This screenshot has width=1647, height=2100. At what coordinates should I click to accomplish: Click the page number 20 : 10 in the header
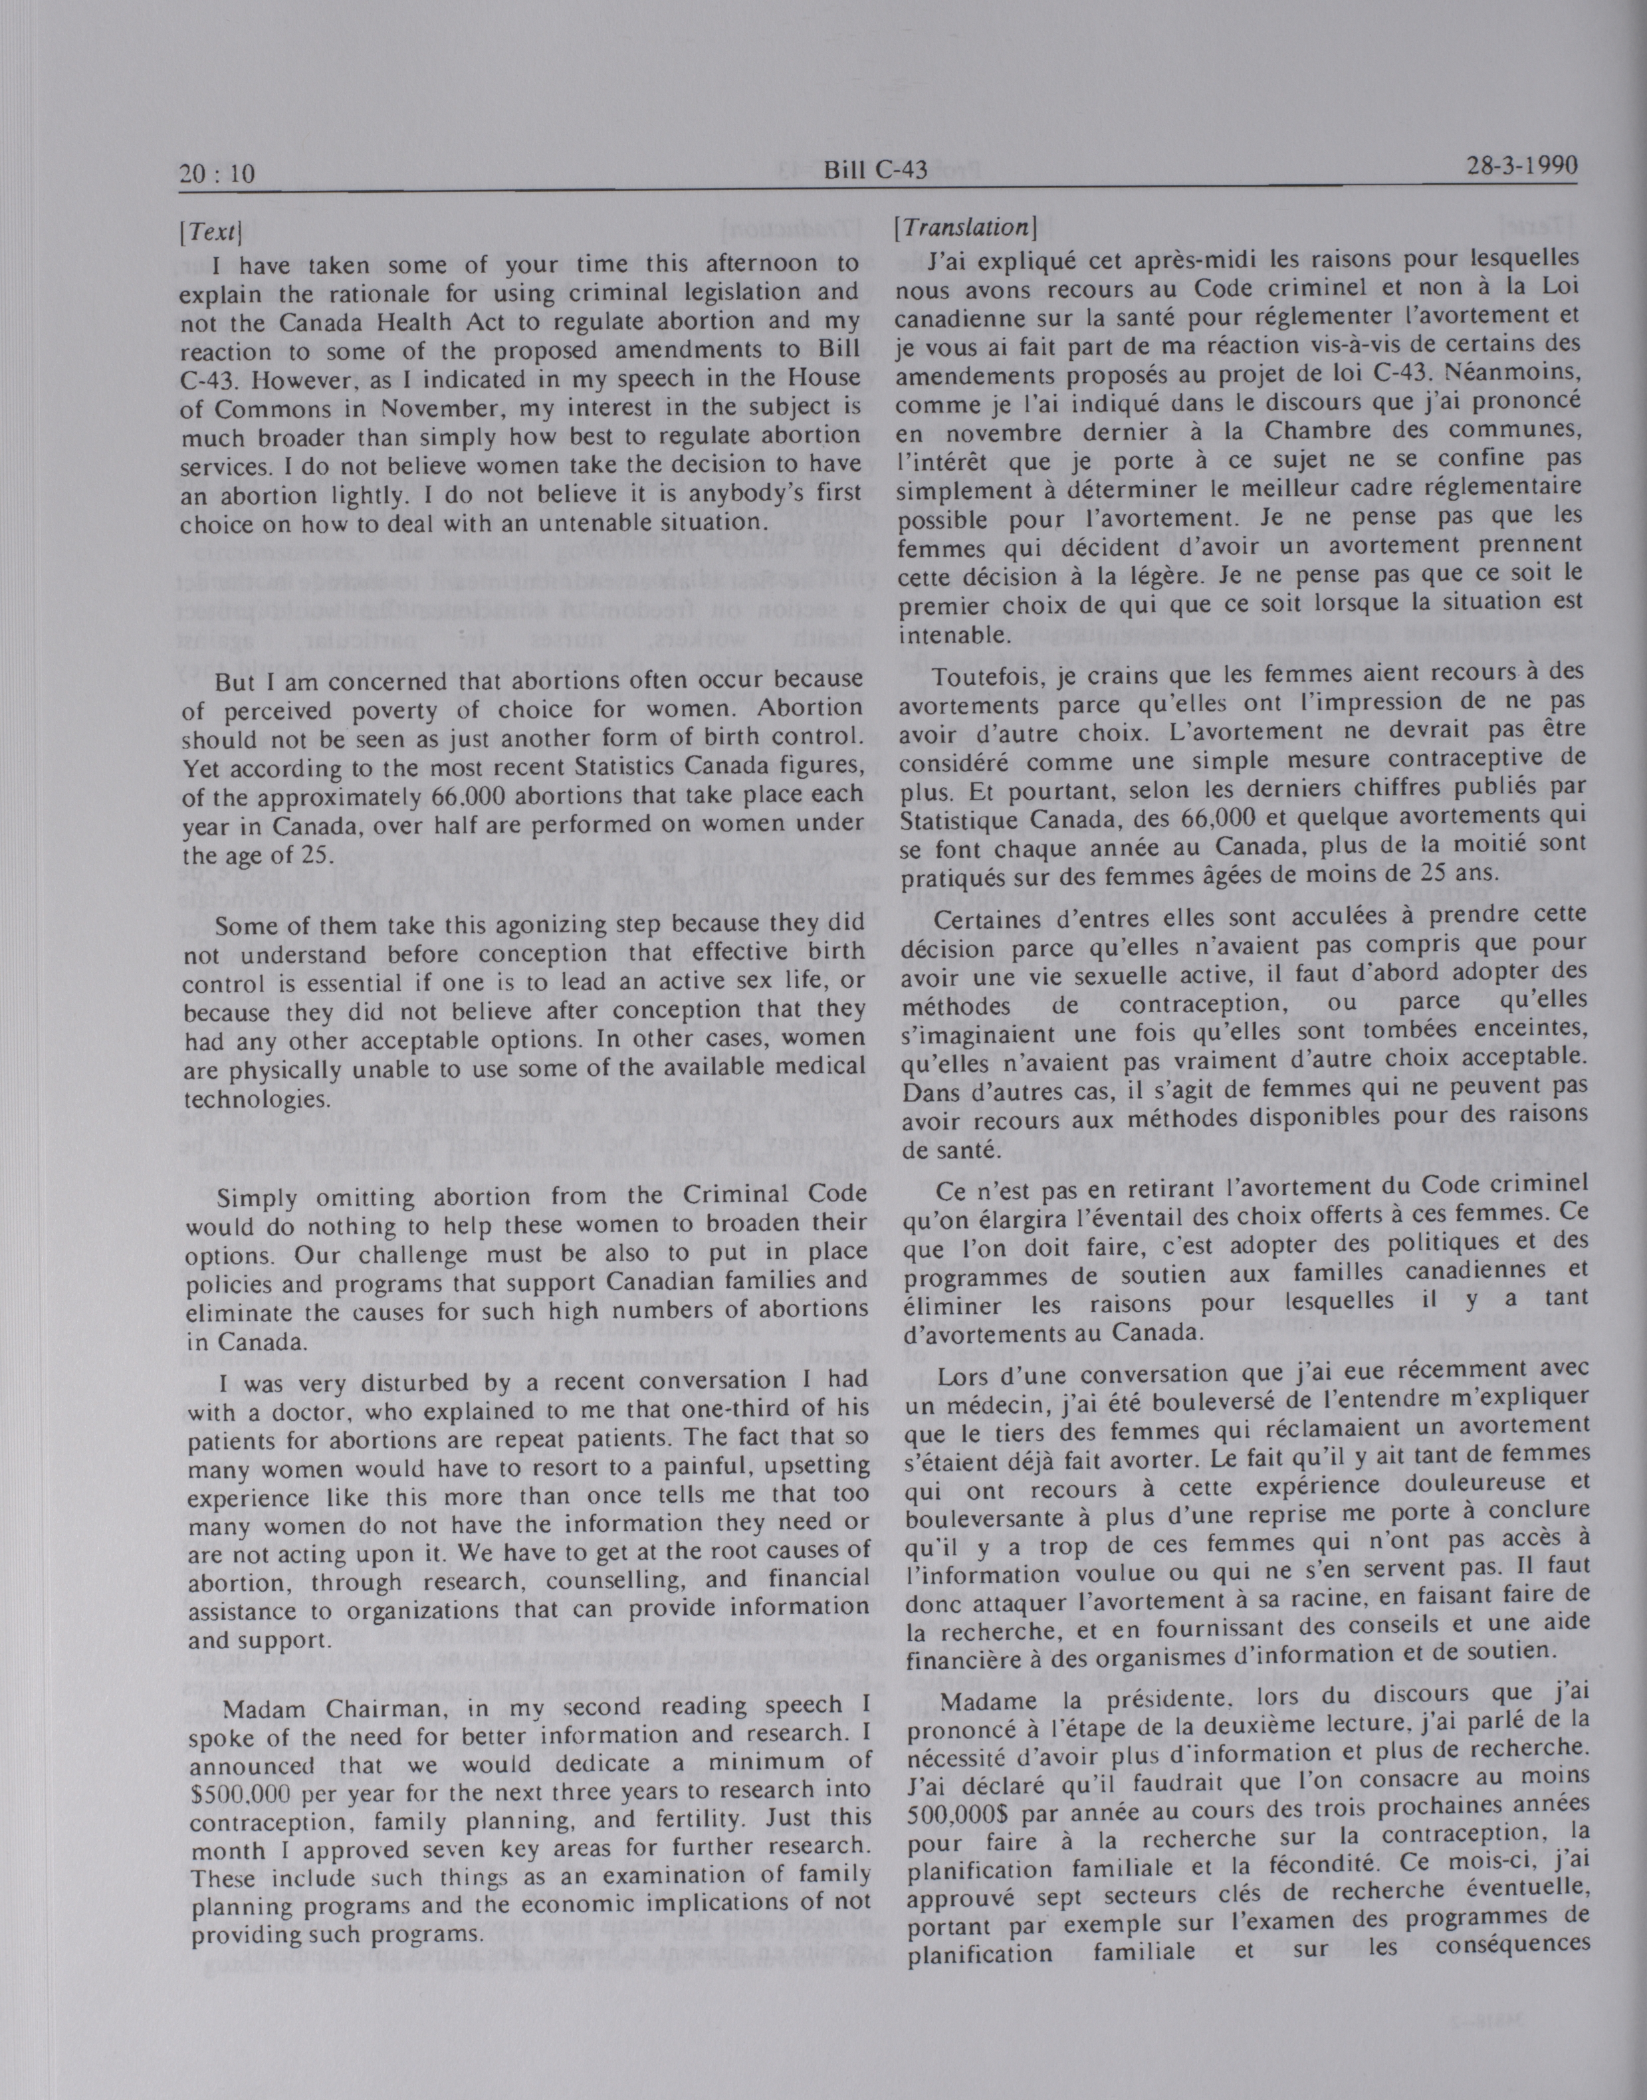pos(217,173)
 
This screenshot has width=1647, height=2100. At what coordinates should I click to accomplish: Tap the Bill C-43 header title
pos(875,171)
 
